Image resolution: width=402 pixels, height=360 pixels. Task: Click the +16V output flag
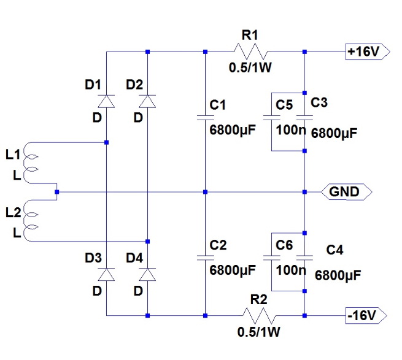coord(368,52)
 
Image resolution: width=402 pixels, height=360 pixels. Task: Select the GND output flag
coord(346,192)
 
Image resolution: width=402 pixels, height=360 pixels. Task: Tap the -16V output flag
coord(366,315)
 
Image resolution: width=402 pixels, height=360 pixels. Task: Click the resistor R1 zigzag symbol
coord(250,52)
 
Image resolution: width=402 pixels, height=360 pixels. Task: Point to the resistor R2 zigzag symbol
coord(259,315)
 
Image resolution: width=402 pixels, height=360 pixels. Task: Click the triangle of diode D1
coord(106,101)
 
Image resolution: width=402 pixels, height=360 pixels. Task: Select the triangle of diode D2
coord(147,101)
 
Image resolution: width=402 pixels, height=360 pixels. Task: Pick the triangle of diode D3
coord(106,274)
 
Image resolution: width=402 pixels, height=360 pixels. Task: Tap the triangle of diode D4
coord(147,274)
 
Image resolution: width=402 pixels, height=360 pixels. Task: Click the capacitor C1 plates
coord(205,118)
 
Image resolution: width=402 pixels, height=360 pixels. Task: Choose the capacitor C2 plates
coord(205,258)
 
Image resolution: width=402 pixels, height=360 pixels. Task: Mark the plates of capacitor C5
coord(271,118)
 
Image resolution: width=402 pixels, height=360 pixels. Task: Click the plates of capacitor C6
coord(271,258)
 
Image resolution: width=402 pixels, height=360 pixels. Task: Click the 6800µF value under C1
coord(233,130)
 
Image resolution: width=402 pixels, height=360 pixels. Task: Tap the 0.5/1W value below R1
coord(250,67)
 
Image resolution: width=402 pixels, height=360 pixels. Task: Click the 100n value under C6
coord(291,270)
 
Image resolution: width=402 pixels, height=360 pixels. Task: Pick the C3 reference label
coord(319,102)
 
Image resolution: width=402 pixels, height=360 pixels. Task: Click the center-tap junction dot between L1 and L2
coord(57,192)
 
